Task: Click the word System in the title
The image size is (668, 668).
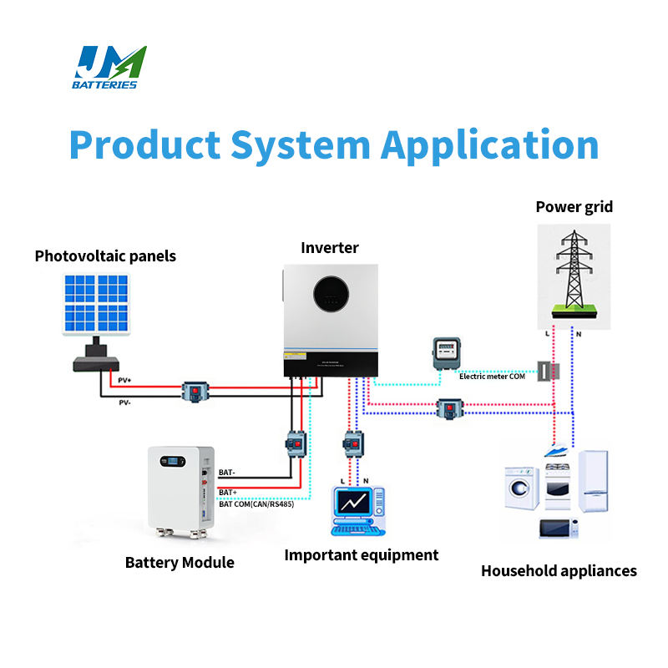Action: (x=301, y=144)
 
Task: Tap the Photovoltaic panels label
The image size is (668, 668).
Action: (x=105, y=256)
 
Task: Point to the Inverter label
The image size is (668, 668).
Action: (x=330, y=247)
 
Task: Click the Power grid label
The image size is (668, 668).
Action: (x=574, y=206)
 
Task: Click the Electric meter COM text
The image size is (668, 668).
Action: (x=497, y=377)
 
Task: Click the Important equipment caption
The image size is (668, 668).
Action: (x=361, y=554)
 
